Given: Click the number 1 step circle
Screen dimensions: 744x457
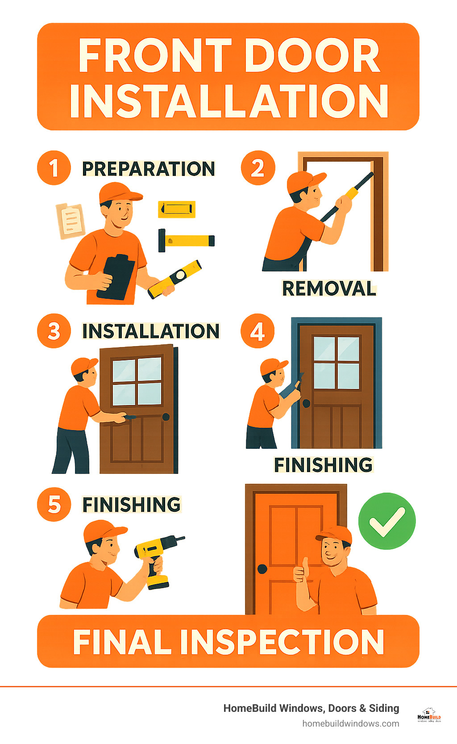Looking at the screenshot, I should [54, 168].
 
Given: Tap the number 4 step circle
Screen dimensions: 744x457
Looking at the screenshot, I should [258, 331].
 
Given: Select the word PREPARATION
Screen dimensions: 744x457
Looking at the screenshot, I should [148, 169].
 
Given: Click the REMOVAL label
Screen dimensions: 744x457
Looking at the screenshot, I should [329, 288].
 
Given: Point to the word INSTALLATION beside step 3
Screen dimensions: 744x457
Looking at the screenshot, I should [151, 331].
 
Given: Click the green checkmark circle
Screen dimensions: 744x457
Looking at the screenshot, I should [387, 521].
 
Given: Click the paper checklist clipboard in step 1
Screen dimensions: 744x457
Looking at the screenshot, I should [70, 220].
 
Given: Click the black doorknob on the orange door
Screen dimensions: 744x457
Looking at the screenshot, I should [262, 569].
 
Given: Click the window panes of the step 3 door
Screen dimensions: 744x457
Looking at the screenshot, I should [137, 381].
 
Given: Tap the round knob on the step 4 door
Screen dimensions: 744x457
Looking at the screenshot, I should [307, 403].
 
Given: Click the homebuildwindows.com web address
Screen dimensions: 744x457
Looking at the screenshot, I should [350, 723].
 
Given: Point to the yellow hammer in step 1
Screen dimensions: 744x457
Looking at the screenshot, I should [187, 240].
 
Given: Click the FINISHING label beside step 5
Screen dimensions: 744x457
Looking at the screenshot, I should [132, 505].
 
